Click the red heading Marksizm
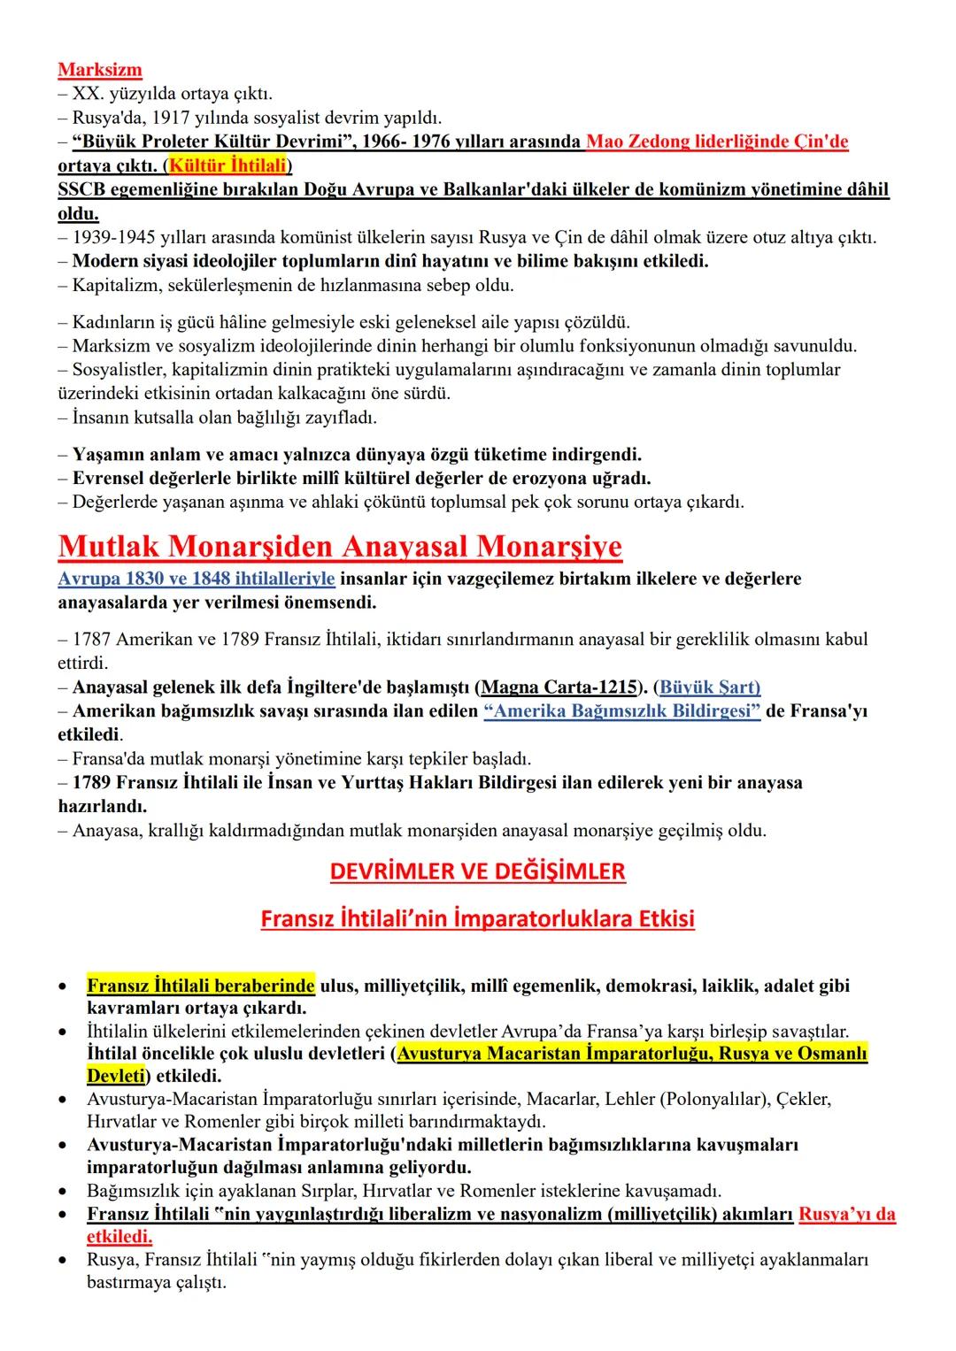(100, 70)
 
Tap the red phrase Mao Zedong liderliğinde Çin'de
(717, 142)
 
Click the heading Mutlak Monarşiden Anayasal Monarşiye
(340, 547)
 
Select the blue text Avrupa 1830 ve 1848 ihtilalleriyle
(197, 579)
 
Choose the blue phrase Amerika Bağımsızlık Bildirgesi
(621, 710)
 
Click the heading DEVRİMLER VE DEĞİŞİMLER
(477, 871)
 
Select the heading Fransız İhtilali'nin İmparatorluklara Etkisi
(477, 919)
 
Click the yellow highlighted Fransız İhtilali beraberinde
(201, 985)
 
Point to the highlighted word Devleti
(115, 1076)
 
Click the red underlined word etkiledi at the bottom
(119, 1236)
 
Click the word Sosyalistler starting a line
(116, 369)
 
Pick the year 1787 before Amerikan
(92, 639)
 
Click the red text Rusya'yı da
(846, 1214)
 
